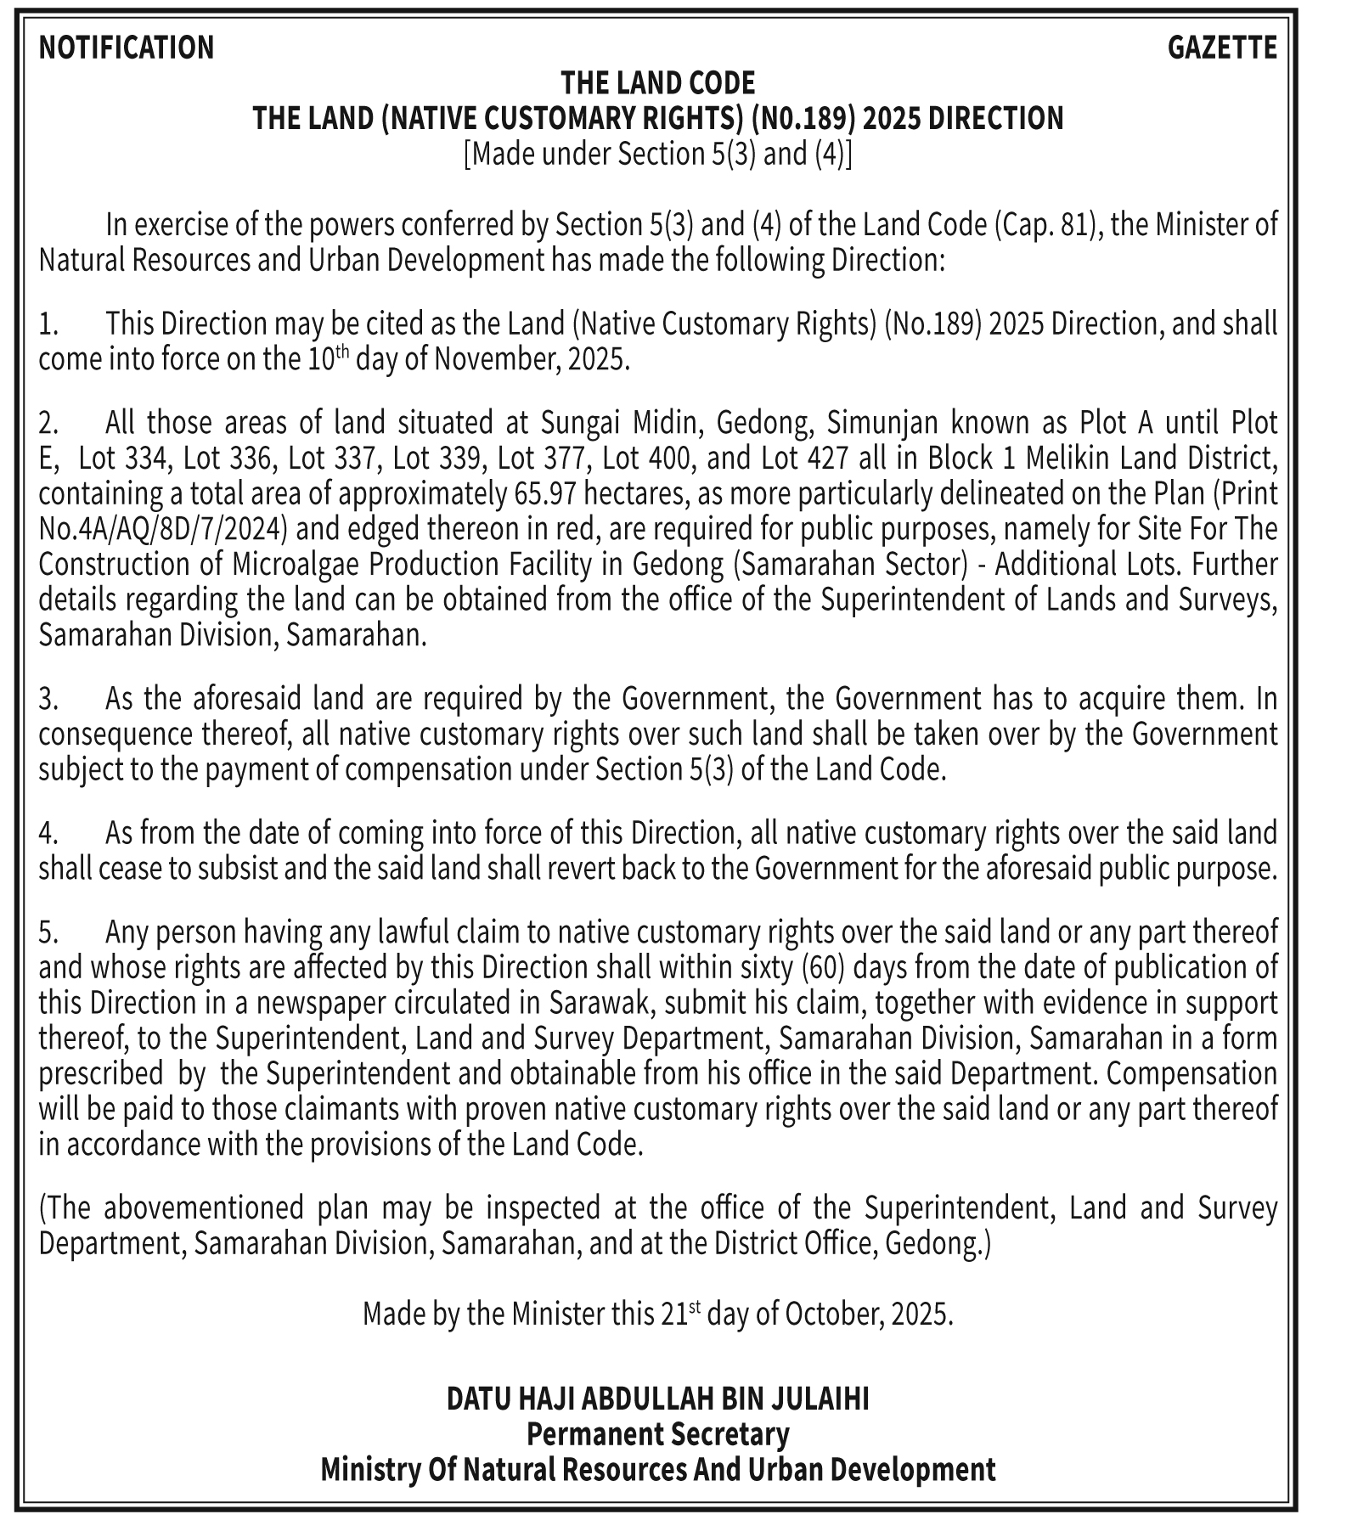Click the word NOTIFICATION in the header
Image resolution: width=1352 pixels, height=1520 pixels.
127,48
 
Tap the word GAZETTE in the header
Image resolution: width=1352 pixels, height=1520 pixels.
1222,48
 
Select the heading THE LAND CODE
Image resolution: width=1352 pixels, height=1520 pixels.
657,83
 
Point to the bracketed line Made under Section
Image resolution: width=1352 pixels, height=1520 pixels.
657,155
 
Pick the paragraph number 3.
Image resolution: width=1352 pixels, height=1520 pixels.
48,699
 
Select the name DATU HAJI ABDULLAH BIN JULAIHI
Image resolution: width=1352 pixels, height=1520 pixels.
657,1399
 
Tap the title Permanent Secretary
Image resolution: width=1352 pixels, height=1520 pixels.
657,1434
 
